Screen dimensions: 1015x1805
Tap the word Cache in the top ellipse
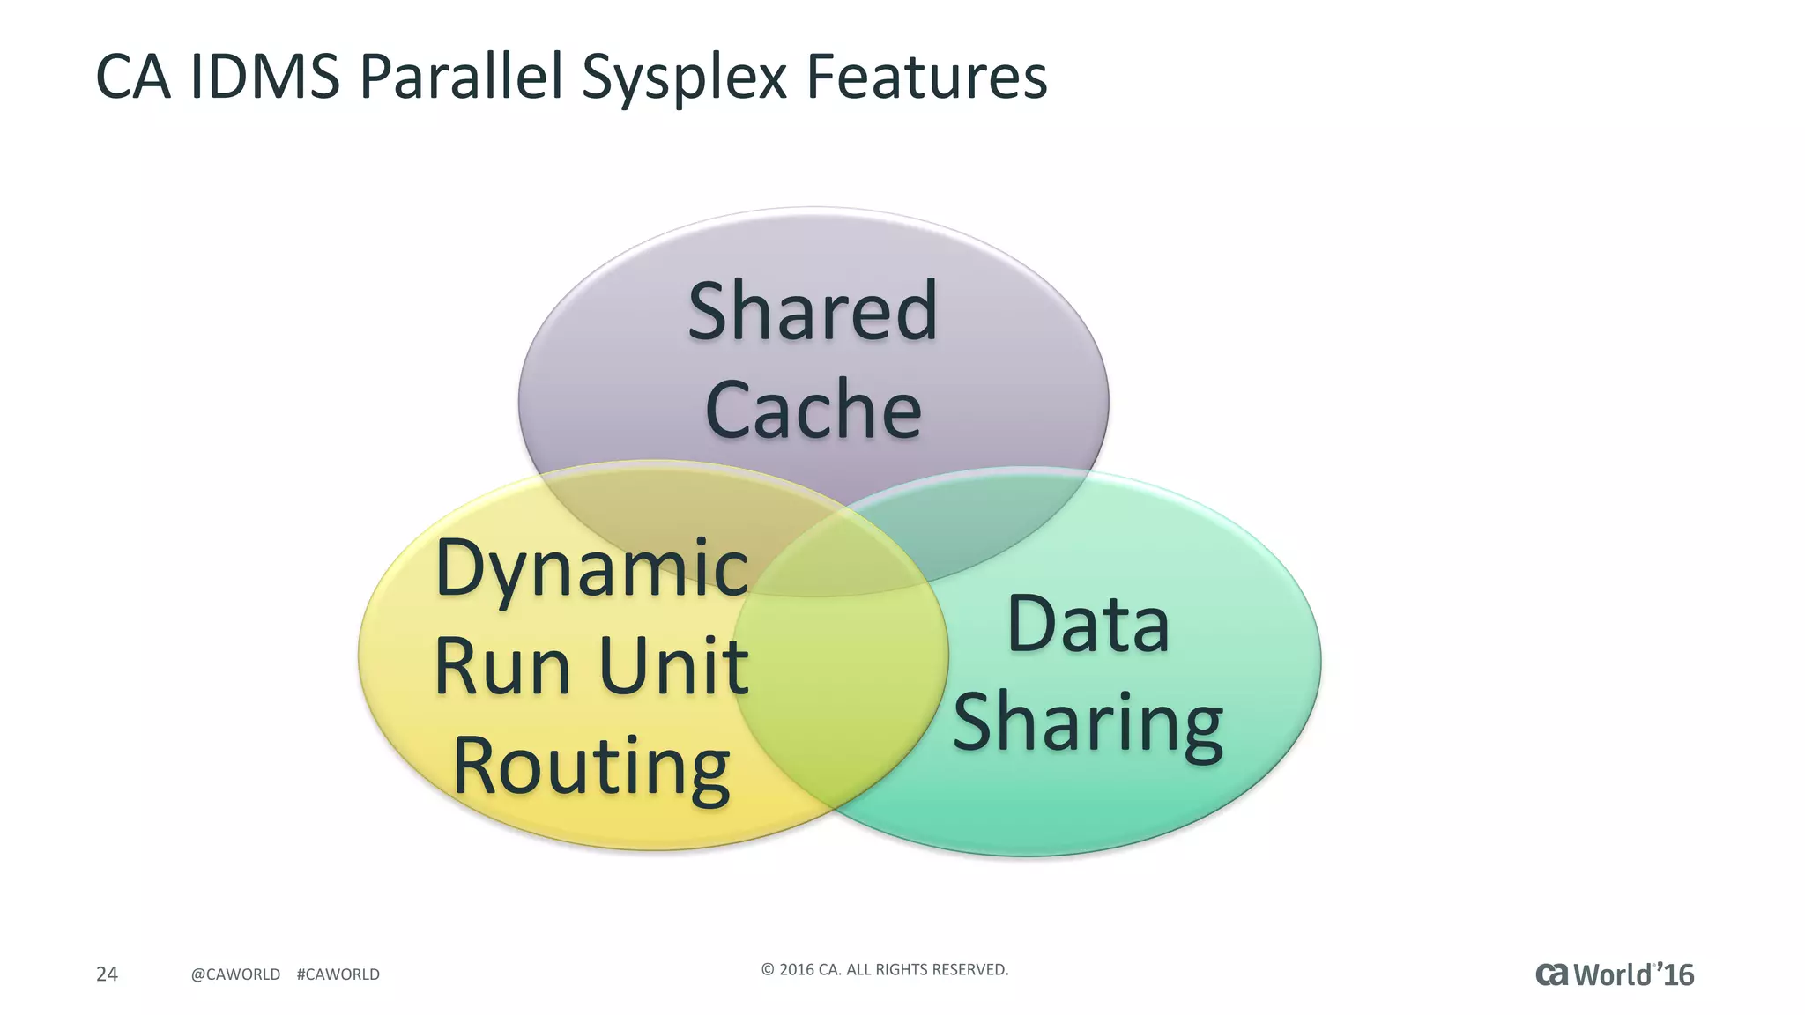click(813, 409)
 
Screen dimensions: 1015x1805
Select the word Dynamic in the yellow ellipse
click(591, 568)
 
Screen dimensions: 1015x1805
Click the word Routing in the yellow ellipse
click(591, 765)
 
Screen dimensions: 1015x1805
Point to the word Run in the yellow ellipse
click(501, 667)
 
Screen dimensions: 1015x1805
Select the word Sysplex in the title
click(683, 77)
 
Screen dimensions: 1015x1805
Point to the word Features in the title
click(926, 77)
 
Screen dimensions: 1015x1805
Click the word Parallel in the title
click(461, 77)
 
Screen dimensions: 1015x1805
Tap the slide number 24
click(107, 974)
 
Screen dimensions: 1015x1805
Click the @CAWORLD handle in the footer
click(235, 974)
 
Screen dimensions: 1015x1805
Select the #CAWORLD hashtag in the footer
click(338, 974)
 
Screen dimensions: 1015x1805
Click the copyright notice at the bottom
click(884, 969)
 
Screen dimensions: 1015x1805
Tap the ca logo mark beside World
click(1552, 974)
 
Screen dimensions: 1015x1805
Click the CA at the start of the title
click(132, 77)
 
